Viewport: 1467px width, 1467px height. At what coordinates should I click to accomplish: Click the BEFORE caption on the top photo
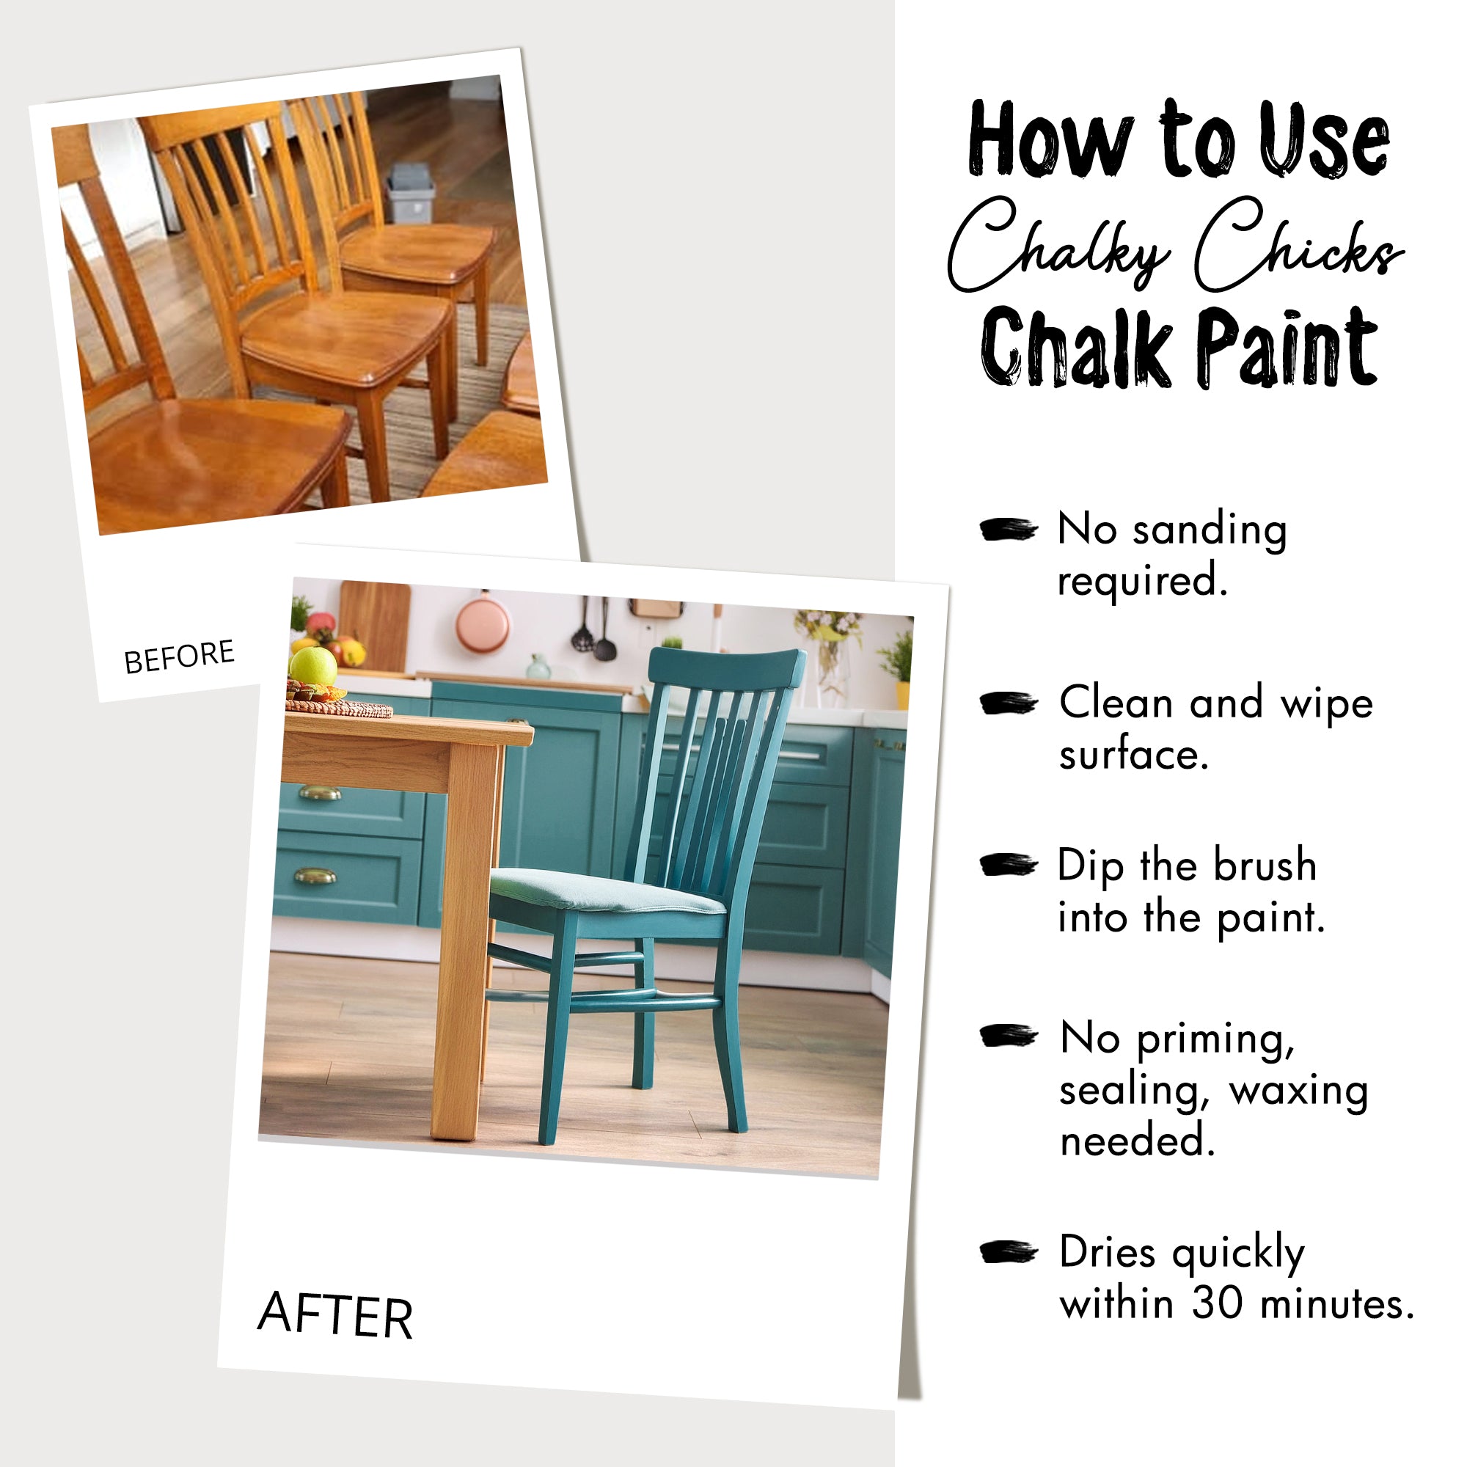pyautogui.click(x=179, y=656)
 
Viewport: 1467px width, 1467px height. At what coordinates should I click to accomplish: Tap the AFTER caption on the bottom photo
pyautogui.click(x=335, y=1314)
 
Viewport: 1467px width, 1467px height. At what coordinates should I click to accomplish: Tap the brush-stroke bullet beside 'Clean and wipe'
pyautogui.click(x=1009, y=703)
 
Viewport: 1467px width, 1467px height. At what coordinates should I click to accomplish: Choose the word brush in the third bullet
pyautogui.click(x=1265, y=865)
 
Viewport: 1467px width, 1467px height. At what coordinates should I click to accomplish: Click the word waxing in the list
pyautogui.click(x=1298, y=1091)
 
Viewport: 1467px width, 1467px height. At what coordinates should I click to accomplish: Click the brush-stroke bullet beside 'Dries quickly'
pyautogui.click(x=1009, y=1252)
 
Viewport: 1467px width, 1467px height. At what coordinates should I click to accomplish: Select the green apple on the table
pyautogui.click(x=313, y=665)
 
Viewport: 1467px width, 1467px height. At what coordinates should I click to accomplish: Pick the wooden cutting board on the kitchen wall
pyautogui.click(x=375, y=624)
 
